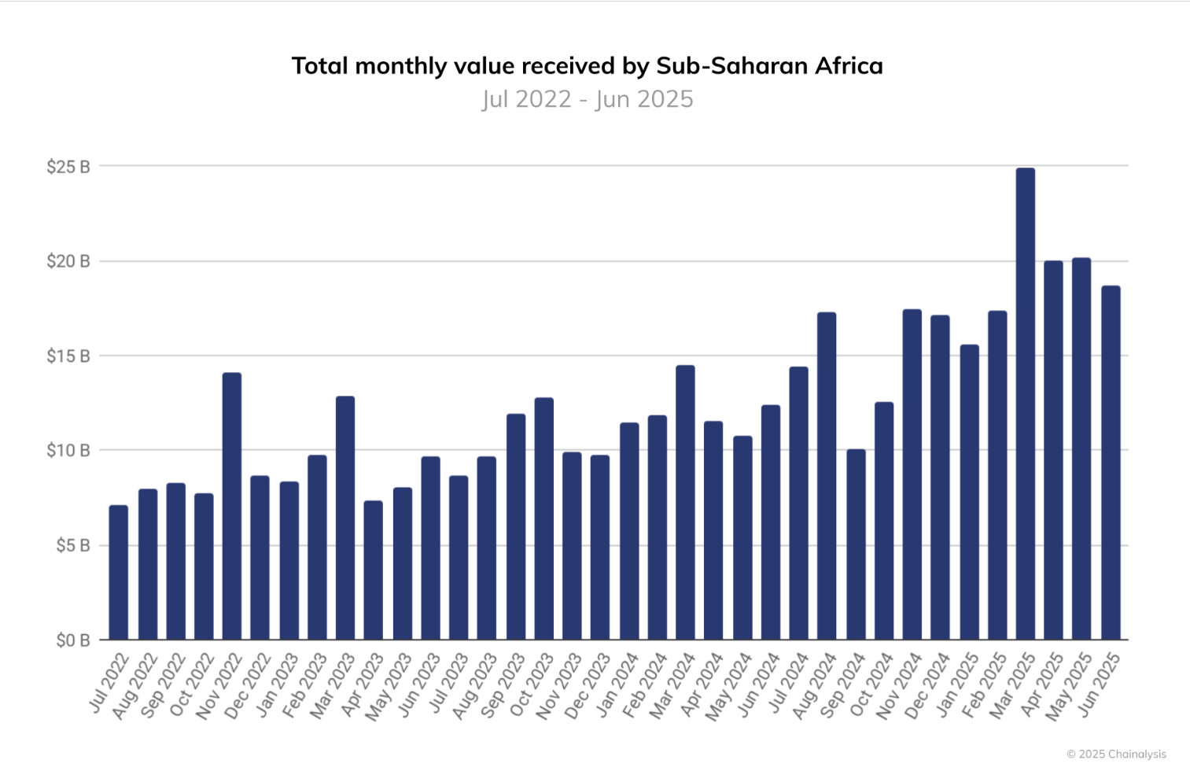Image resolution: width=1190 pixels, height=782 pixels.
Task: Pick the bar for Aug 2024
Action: (x=827, y=476)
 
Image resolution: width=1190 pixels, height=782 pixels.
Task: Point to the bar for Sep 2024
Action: (x=856, y=544)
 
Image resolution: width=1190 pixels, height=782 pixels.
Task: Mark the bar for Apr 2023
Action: (x=374, y=570)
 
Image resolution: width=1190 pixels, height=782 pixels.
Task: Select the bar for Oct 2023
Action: (x=544, y=518)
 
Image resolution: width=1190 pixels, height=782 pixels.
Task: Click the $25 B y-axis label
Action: (x=68, y=167)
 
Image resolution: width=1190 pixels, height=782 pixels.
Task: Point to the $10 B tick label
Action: (x=68, y=451)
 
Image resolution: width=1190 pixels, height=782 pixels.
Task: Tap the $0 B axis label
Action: (x=72, y=640)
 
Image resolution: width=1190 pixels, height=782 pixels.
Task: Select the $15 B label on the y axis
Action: (x=68, y=356)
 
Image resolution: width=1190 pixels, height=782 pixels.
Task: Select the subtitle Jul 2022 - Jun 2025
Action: (x=588, y=99)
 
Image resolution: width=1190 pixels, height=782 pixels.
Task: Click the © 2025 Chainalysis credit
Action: (x=1116, y=754)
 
